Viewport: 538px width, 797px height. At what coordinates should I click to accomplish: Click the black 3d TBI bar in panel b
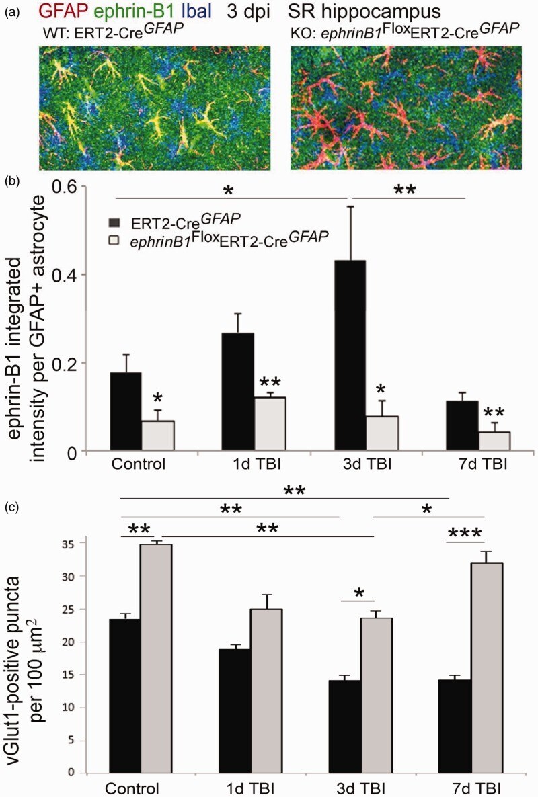tap(350, 355)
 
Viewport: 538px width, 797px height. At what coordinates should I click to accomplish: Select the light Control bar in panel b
tap(157, 435)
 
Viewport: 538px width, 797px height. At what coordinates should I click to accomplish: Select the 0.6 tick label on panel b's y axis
tap(66, 187)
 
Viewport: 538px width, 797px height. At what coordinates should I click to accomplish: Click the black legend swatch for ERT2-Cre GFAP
tap(115, 222)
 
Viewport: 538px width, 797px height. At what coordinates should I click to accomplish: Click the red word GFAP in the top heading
tap(61, 11)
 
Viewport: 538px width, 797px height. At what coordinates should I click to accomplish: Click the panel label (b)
tap(11, 181)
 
